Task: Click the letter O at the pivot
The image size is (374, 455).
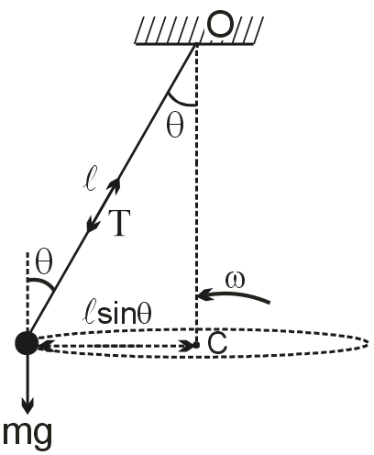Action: point(220,25)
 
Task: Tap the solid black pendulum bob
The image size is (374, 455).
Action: point(27,343)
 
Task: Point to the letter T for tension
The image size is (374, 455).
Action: point(119,223)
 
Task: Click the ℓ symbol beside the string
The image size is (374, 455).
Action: point(90,178)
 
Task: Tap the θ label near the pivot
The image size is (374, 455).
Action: point(175,127)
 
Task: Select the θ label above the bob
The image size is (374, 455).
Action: point(44,262)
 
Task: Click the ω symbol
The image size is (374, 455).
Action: point(235,281)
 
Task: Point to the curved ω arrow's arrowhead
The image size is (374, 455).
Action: point(204,295)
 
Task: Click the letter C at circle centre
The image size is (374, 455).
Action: point(217,342)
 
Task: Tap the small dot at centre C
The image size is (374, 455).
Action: point(196,345)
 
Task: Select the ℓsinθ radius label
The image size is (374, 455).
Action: point(116,314)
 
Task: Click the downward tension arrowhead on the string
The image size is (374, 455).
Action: point(92,225)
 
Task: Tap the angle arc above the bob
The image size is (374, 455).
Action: point(43,282)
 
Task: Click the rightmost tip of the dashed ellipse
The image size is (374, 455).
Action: point(368,343)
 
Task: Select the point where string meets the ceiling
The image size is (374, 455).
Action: point(196,44)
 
